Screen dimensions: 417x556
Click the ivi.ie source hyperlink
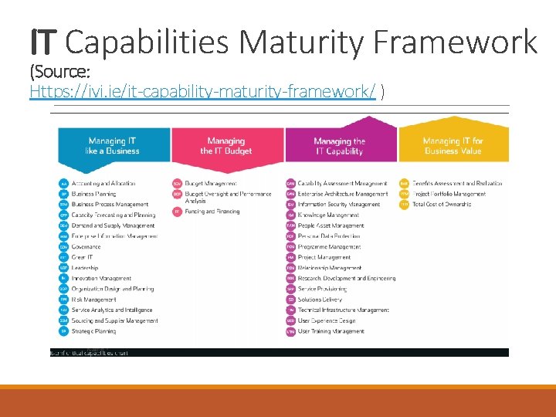(202, 93)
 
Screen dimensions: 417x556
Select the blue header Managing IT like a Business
(113, 146)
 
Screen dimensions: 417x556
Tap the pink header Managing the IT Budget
(226, 146)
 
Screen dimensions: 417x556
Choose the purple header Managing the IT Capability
(339, 146)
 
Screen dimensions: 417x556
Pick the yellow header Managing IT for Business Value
(453, 146)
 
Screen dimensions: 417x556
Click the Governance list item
(86, 247)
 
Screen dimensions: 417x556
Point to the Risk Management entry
(95, 300)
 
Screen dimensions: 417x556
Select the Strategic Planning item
(93, 331)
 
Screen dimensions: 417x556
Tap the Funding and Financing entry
(212, 211)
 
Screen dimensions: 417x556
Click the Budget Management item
(211, 184)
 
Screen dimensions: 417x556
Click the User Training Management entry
(331, 331)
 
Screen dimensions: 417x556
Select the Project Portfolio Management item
(449, 194)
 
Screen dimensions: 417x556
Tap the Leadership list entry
(85, 268)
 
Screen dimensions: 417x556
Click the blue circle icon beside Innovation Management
(63, 278)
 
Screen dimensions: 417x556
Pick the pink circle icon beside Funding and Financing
(177, 211)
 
